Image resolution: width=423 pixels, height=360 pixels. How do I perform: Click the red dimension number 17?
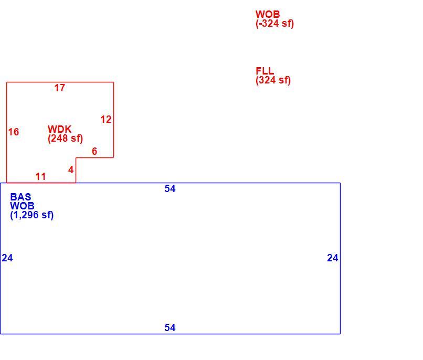coord(60,88)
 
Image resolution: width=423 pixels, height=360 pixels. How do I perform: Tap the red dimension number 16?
coord(14,132)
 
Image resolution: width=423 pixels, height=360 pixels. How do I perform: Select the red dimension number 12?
coord(106,120)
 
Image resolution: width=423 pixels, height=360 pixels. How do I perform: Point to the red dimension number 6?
coord(94,151)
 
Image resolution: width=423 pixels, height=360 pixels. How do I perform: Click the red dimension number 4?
coord(71,170)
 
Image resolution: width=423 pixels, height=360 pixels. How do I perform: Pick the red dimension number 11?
coord(41,177)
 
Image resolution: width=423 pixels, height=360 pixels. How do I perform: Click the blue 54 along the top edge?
coord(170,188)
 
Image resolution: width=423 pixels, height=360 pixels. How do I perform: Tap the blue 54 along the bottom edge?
coord(170,327)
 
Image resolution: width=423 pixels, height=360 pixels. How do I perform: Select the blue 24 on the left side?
coord(7,258)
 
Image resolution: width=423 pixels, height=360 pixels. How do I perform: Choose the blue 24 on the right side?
coord(333,258)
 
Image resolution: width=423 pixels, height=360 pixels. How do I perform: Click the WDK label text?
coord(60,129)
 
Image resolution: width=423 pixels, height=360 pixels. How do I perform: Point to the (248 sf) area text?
coord(65,139)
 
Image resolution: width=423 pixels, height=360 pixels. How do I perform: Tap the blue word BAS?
coord(20,197)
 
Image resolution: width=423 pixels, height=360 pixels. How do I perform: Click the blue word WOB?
coord(22,206)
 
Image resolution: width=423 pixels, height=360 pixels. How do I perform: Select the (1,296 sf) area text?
coord(32,215)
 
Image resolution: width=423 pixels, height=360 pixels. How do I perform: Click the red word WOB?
coord(268,14)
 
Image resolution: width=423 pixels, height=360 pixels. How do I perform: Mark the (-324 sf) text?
coord(274,24)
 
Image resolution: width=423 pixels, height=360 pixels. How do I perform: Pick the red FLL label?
coord(265,71)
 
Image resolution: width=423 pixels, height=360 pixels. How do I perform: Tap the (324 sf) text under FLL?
coord(273,80)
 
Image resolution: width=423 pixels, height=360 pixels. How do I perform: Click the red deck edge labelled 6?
coord(94,158)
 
